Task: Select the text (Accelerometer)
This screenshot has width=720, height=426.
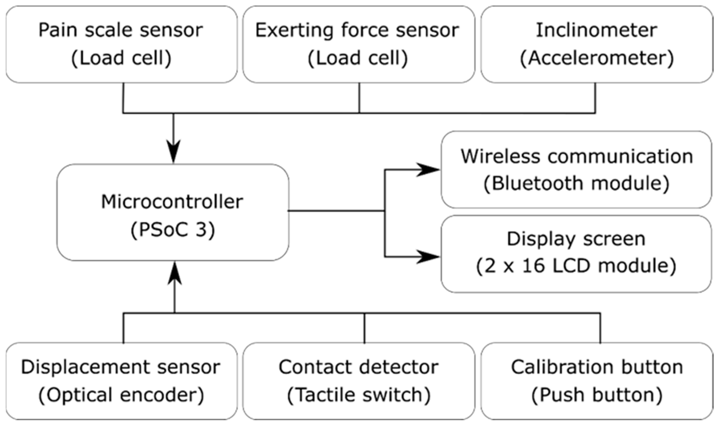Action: [x=597, y=58]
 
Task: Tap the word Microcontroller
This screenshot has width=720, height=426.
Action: [x=172, y=202]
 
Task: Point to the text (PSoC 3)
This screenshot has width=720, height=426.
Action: [x=173, y=230]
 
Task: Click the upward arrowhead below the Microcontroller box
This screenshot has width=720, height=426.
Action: [x=174, y=274]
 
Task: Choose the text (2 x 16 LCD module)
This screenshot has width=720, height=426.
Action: [x=576, y=266]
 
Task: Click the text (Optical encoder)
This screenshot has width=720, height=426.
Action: [x=121, y=395]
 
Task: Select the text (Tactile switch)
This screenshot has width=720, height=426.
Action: [x=359, y=395]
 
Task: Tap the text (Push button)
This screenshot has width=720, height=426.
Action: [x=597, y=395]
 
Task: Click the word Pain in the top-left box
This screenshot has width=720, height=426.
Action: [x=57, y=31]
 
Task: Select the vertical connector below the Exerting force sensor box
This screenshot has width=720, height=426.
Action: [x=359, y=98]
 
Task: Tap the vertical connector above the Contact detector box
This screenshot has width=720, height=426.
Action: [x=364, y=328]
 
